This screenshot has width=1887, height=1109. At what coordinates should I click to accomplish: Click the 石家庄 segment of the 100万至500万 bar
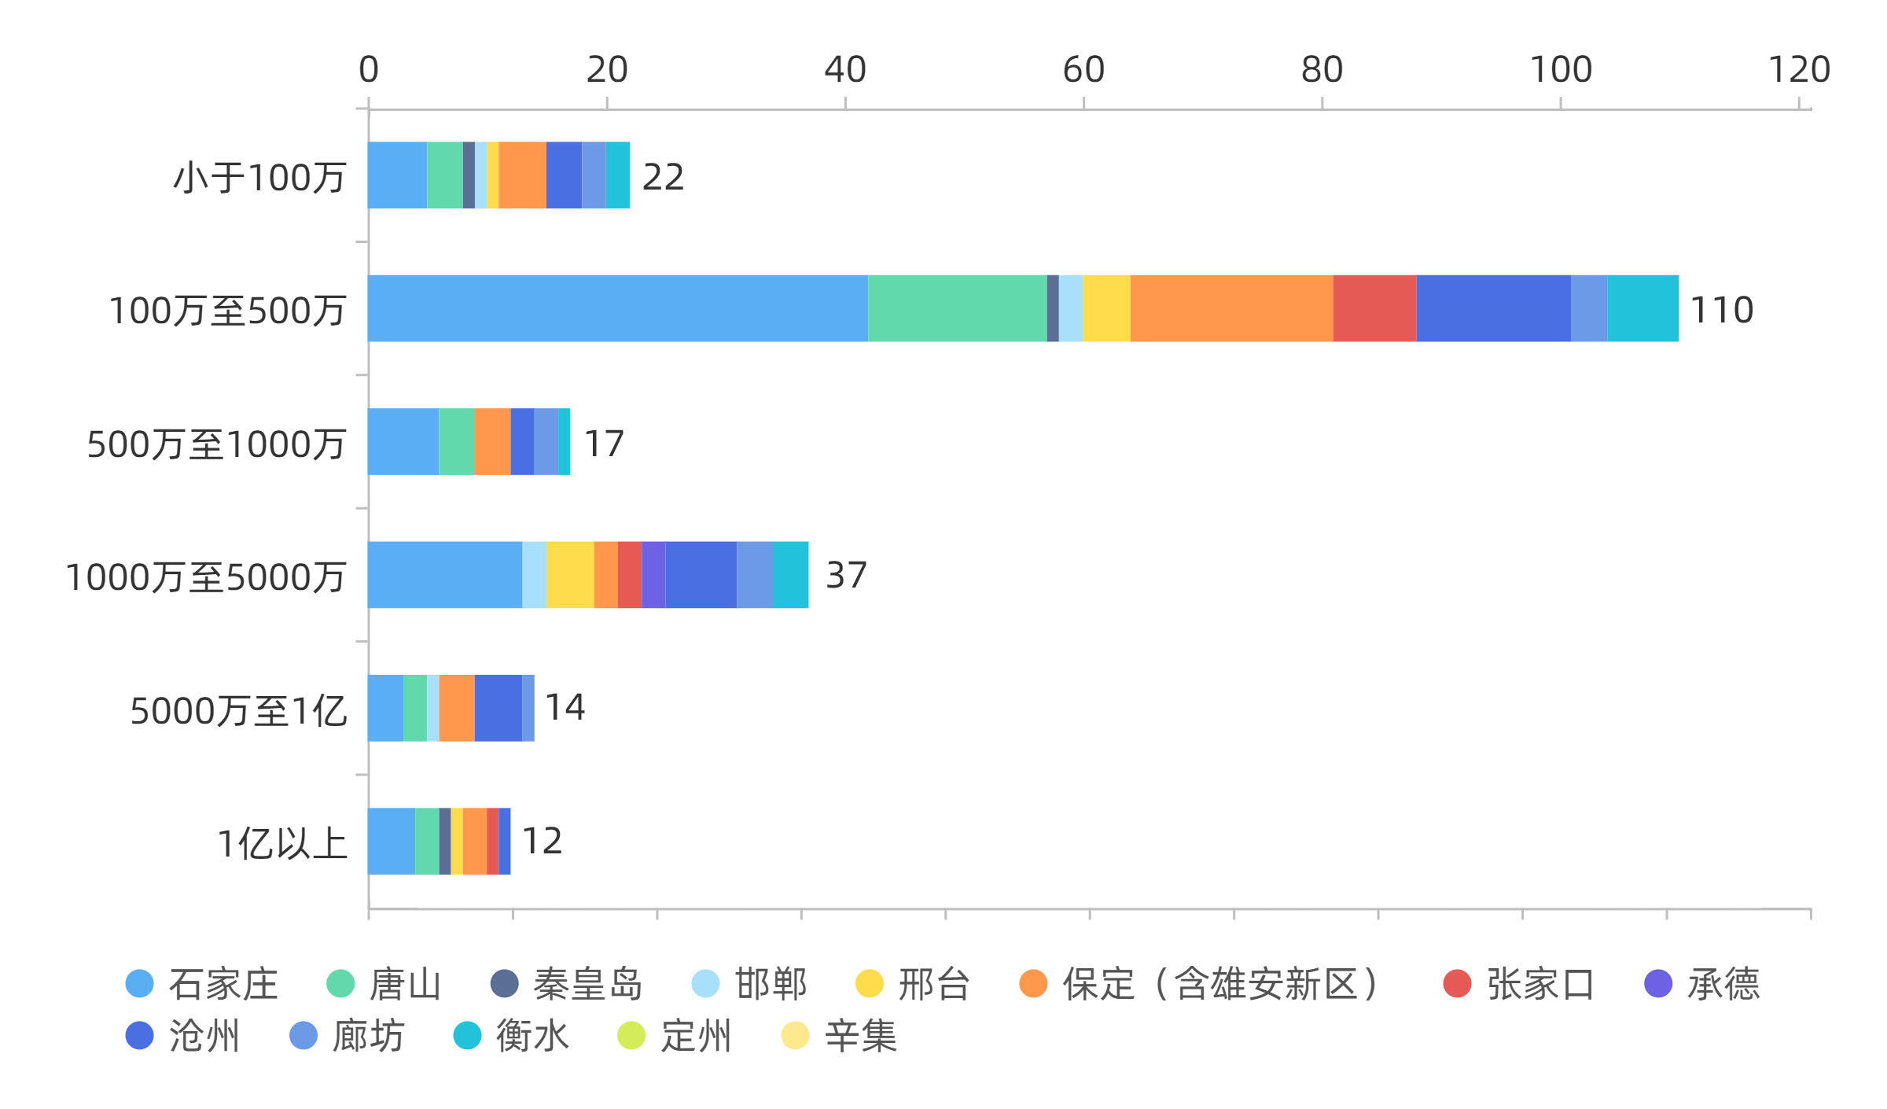tap(618, 308)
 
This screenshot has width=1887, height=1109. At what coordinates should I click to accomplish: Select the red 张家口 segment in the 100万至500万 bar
tap(1374, 308)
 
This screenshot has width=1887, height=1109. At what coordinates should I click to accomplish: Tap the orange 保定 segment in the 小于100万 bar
tap(522, 175)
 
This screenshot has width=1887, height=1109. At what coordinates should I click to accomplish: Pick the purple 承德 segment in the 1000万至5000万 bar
tap(653, 575)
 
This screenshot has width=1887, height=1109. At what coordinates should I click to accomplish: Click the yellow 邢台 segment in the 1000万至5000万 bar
tap(570, 575)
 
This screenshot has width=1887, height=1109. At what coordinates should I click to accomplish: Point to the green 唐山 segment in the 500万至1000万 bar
tap(456, 441)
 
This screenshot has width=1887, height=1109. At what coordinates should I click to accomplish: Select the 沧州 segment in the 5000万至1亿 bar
tap(498, 708)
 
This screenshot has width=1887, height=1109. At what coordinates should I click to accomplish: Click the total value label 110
tap(1721, 310)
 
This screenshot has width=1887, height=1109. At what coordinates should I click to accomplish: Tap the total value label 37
tap(846, 575)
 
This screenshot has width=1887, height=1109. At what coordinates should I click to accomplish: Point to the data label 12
tap(542, 841)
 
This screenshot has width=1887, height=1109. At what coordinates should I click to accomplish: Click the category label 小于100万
tap(259, 177)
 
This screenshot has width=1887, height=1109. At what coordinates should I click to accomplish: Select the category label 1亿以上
tap(281, 844)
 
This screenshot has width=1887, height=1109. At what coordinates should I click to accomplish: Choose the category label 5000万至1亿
tap(238, 711)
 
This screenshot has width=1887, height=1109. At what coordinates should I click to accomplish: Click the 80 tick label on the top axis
tap(1322, 69)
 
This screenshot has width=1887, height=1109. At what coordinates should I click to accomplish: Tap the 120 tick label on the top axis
tap(1799, 69)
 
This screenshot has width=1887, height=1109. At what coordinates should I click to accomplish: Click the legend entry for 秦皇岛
tap(587, 984)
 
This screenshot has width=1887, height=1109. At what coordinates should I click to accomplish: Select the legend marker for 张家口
tap(1457, 984)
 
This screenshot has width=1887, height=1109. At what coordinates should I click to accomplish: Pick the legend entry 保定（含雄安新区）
tap(1219, 984)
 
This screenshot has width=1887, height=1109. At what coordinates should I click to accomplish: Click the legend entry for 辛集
tap(860, 1036)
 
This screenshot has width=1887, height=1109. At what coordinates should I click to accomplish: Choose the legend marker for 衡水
tap(467, 1036)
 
